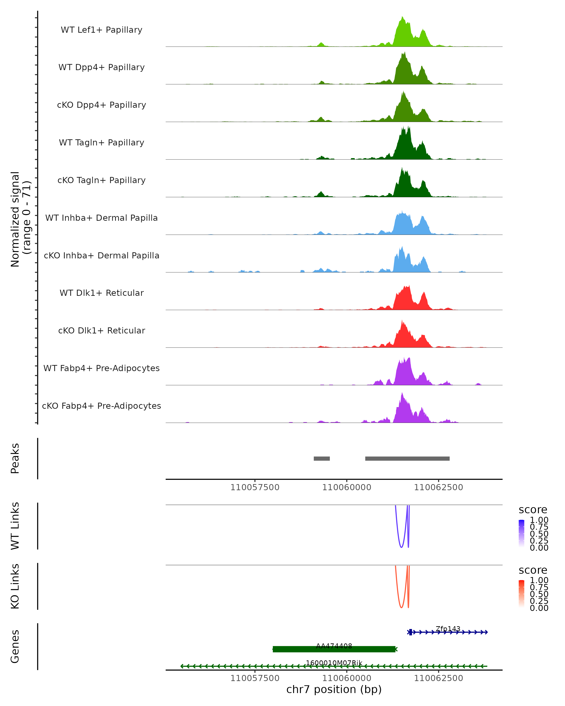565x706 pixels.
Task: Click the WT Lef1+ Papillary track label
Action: click(101, 30)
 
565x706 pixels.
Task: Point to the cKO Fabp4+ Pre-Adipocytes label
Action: click(101, 406)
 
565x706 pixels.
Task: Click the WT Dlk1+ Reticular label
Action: click(101, 293)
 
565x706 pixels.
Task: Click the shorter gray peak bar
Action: click(322, 458)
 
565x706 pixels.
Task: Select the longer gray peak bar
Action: click(407, 458)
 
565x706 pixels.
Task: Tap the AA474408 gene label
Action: click(334, 646)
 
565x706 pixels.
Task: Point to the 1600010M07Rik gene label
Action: click(334, 663)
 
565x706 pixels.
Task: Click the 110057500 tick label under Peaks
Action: click(255, 487)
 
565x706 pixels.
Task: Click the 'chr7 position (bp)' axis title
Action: click(334, 689)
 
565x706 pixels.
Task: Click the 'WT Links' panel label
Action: click(15, 526)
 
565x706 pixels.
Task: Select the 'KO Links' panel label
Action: click(15, 586)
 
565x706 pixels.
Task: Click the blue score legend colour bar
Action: click(521, 533)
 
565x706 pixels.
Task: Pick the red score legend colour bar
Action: click(521, 593)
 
